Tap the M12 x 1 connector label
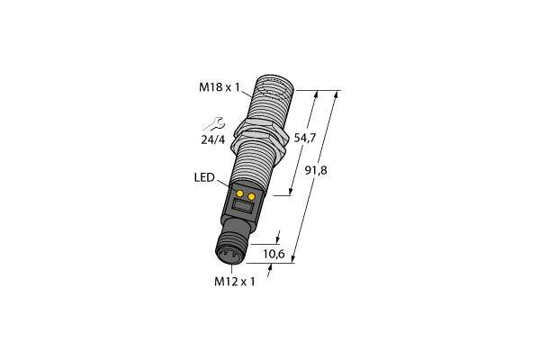[x=232, y=282]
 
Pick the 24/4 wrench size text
[x=214, y=140]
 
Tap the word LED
[x=204, y=178]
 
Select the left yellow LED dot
[x=238, y=193]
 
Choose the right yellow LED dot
[x=253, y=195]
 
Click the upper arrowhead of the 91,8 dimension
[x=338, y=93]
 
